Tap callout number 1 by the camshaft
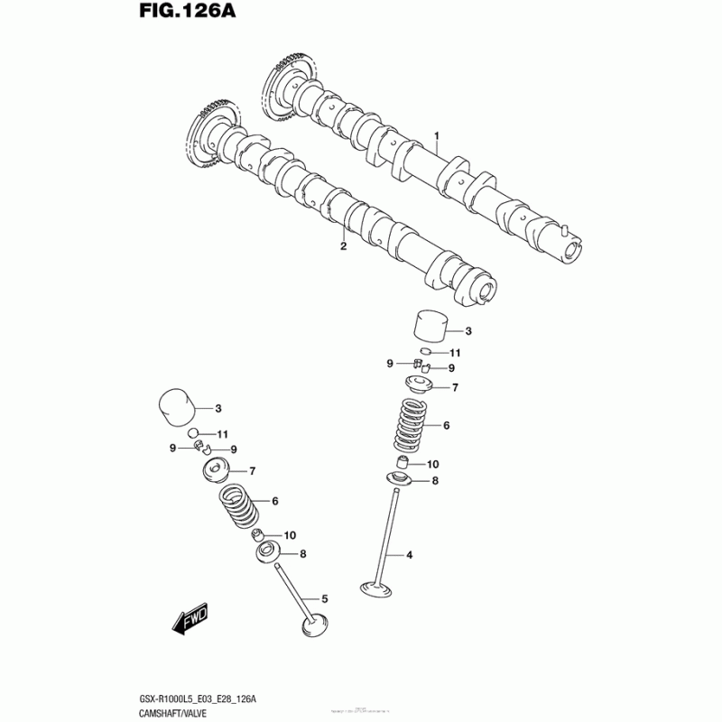(x=436, y=137)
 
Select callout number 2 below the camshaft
(x=343, y=245)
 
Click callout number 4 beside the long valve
(x=409, y=554)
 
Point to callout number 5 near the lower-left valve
(x=324, y=598)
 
